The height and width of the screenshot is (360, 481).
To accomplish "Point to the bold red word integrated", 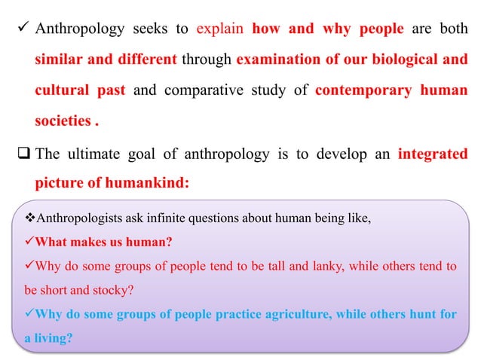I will [430, 154].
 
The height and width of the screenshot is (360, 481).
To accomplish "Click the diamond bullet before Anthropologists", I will [29, 219].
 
